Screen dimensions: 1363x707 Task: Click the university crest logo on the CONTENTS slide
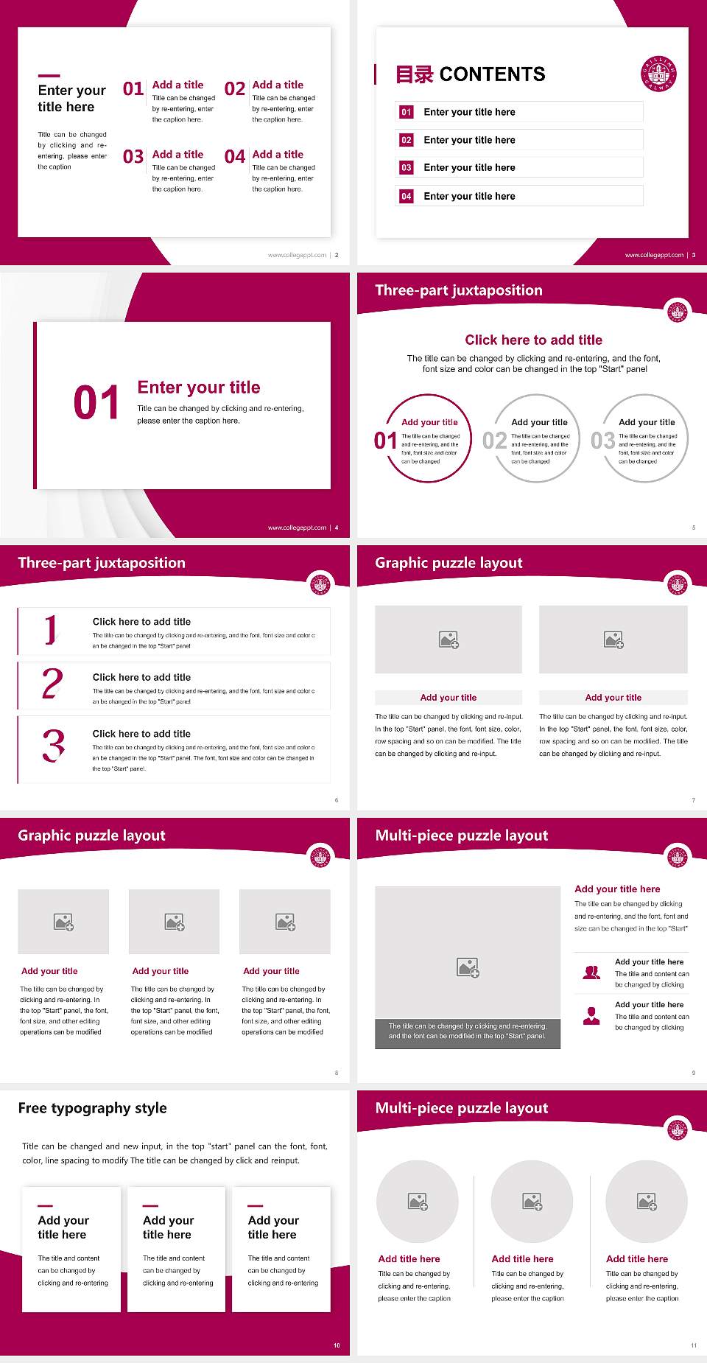click(658, 74)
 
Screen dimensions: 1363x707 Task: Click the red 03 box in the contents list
click(407, 168)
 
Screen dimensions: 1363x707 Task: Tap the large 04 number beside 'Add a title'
click(235, 157)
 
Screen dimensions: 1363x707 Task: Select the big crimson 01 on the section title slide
click(96, 403)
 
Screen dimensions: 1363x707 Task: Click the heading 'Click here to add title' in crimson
click(533, 340)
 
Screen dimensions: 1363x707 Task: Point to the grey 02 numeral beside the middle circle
click(494, 441)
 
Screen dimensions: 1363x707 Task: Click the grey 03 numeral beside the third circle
click(602, 441)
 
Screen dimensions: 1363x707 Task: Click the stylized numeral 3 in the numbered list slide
click(54, 746)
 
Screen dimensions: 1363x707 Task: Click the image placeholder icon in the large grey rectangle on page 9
click(468, 967)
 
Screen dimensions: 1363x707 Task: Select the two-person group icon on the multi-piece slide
click(591, 973)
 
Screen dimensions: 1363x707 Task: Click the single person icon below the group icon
click(591, 1016)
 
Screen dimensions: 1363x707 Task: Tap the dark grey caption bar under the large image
click(468, 1031)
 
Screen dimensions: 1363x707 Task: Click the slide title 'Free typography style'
click(92, 1108)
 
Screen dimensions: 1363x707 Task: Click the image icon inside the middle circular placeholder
click(532, 1202)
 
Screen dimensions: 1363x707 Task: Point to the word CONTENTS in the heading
click(492, 74)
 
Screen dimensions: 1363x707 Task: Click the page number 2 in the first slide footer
click(337, 255)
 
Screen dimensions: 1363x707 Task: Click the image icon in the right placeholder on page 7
click(613, 640)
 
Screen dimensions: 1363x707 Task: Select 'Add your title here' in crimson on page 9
click(617, 889)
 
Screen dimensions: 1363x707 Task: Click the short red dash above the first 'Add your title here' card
click(45, 1206)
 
